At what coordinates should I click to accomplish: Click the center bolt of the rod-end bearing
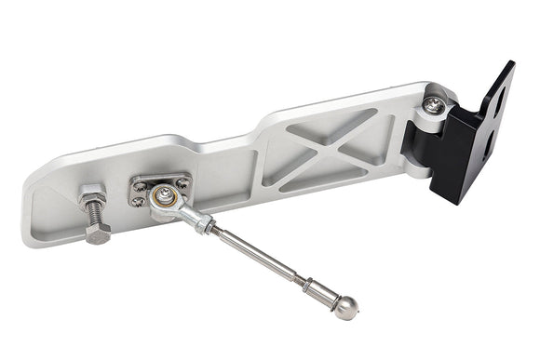coord(163,195)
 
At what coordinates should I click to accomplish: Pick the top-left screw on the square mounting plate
coord(140,183)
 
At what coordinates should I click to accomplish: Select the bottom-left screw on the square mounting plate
coord(140,201)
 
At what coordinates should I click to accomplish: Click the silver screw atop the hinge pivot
coord(433,105)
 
